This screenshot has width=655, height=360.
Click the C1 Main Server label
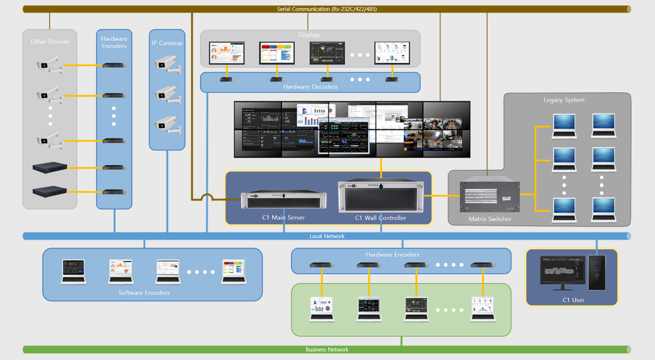283,218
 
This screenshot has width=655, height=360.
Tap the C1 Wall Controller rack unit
380,197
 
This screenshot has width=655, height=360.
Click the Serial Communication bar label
326,9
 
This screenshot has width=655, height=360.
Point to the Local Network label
327,236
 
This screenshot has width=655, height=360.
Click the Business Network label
327,350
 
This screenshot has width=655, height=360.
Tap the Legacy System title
564,100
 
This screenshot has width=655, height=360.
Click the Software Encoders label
144,293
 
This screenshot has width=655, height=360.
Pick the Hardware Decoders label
310,87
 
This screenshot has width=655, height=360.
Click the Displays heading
309,35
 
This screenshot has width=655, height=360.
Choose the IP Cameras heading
167,43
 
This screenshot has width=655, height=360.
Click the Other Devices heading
50,41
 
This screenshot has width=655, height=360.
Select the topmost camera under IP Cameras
166,64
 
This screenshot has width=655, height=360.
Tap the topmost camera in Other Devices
49,66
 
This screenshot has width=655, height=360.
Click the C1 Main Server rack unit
283,200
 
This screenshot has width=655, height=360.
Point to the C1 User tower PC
597,272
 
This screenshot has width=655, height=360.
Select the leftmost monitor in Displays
227,53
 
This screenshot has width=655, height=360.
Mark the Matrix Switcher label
490,219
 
